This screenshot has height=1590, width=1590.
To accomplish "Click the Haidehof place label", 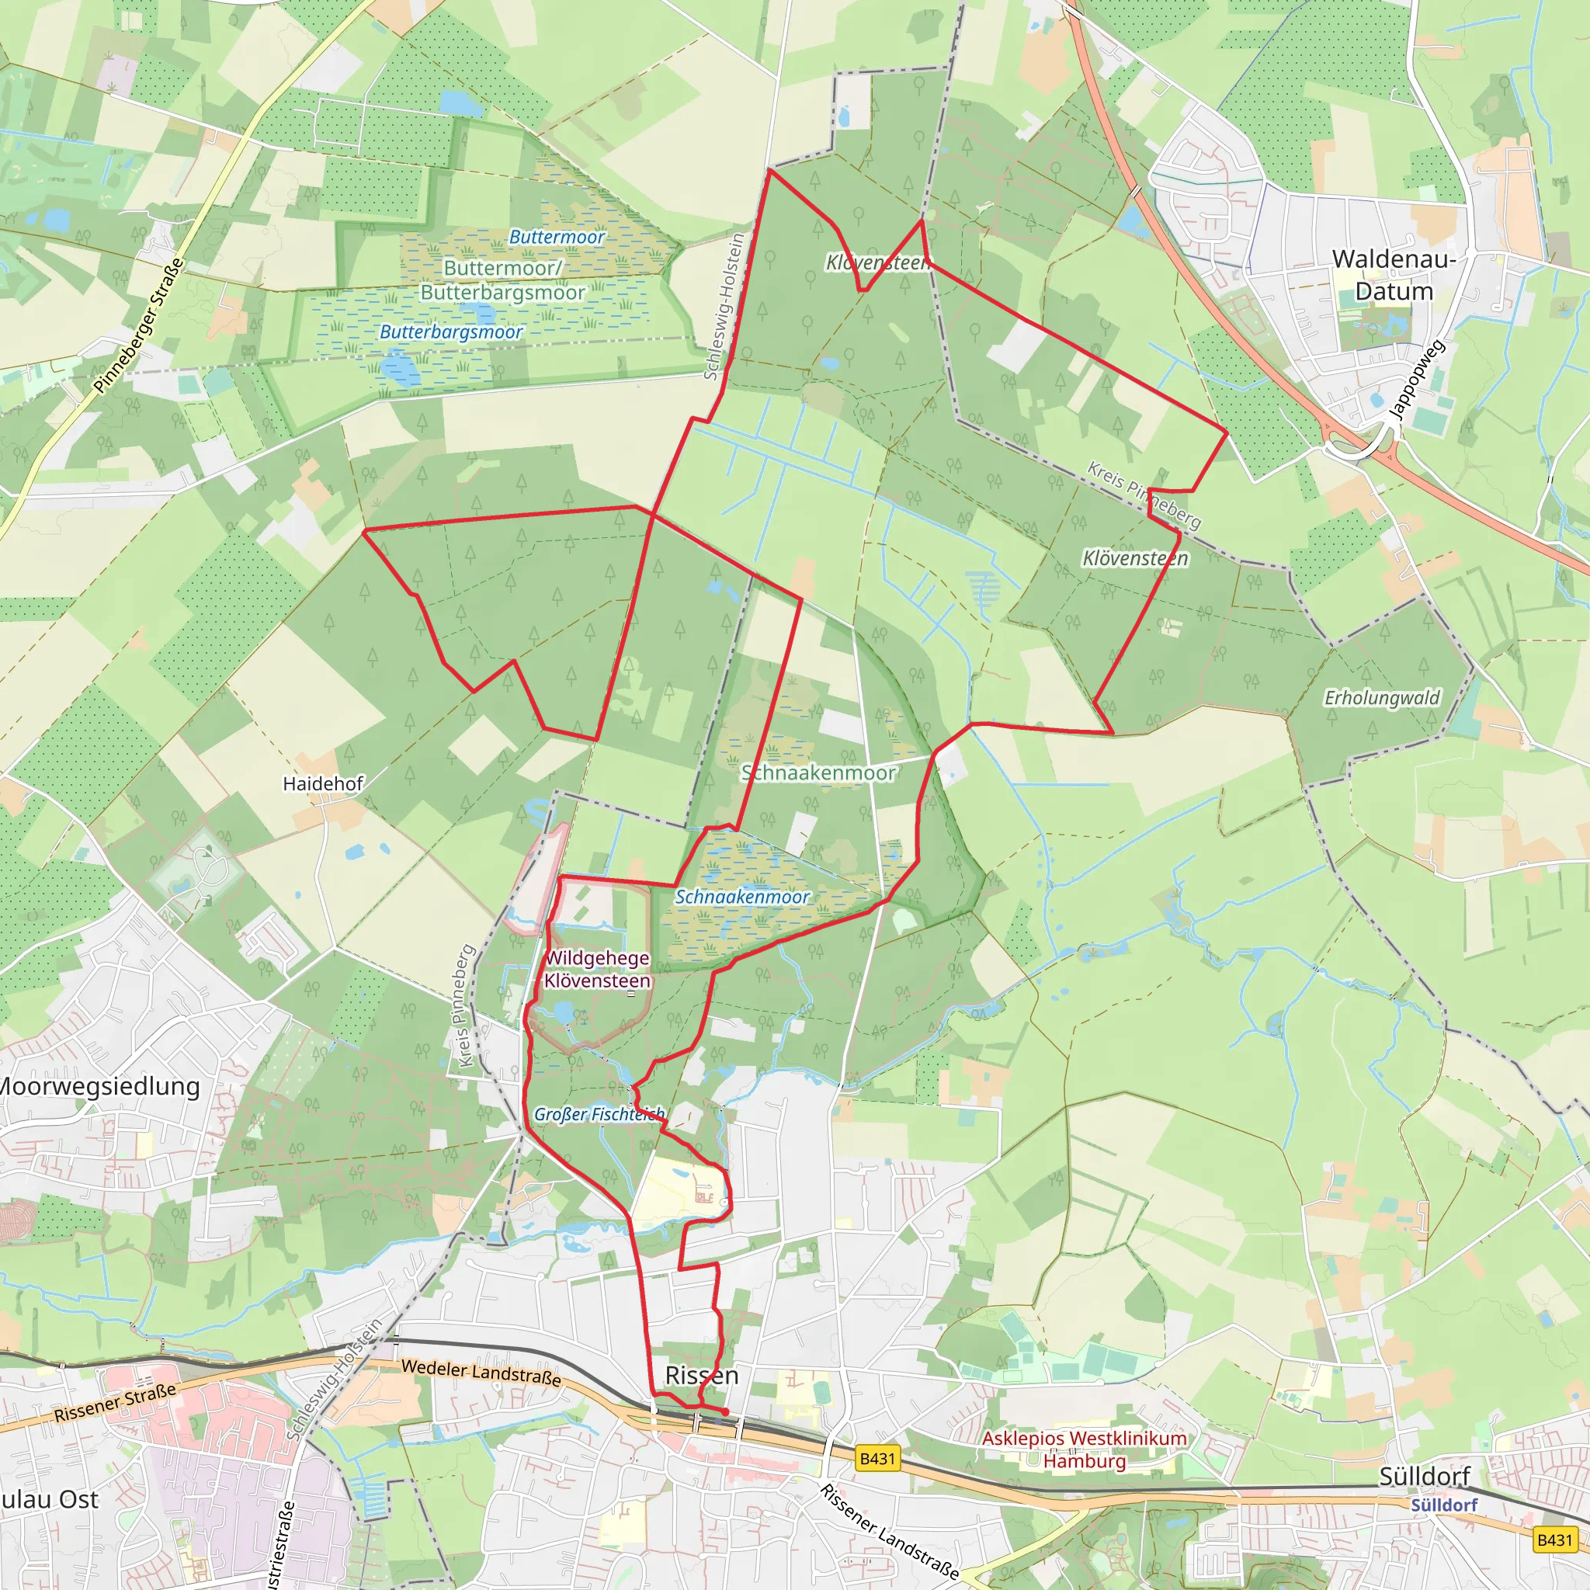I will click(323, 783).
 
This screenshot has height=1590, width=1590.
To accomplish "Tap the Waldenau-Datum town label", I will click(1394, 275).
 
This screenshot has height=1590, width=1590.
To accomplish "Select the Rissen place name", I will click(701, 1375).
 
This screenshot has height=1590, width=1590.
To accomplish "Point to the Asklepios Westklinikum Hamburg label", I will click(1085, 1449).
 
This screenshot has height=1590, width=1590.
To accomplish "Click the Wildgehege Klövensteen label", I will click(597, 970).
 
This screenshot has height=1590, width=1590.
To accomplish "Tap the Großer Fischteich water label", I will click(599, 1114).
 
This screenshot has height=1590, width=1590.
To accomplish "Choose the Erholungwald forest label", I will click(1382, 698).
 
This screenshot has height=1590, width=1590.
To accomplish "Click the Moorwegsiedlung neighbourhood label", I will click(99, 1086).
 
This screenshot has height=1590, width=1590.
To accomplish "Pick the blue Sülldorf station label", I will click(1444, 1505).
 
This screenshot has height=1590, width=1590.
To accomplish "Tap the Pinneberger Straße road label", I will click(138, 326).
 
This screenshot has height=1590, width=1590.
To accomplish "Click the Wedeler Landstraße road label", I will click(481, 1372).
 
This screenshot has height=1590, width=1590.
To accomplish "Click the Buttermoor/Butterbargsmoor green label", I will click(502, 279).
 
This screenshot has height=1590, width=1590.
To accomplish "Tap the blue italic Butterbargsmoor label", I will click(451, 332).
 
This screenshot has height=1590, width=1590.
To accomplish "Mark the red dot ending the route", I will click(725, 1411).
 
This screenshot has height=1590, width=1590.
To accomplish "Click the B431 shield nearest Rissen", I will click(877, 1458).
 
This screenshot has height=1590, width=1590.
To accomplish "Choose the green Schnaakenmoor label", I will click(818, 772).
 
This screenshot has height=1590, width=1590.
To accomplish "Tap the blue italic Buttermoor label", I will click(557, 237).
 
